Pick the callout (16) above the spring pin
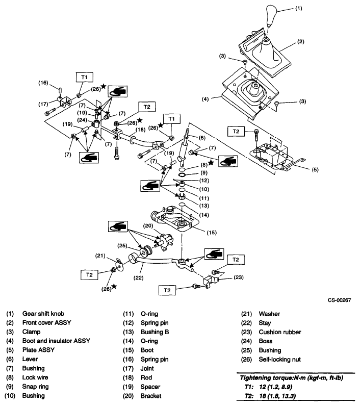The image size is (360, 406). tap(44, 82)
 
